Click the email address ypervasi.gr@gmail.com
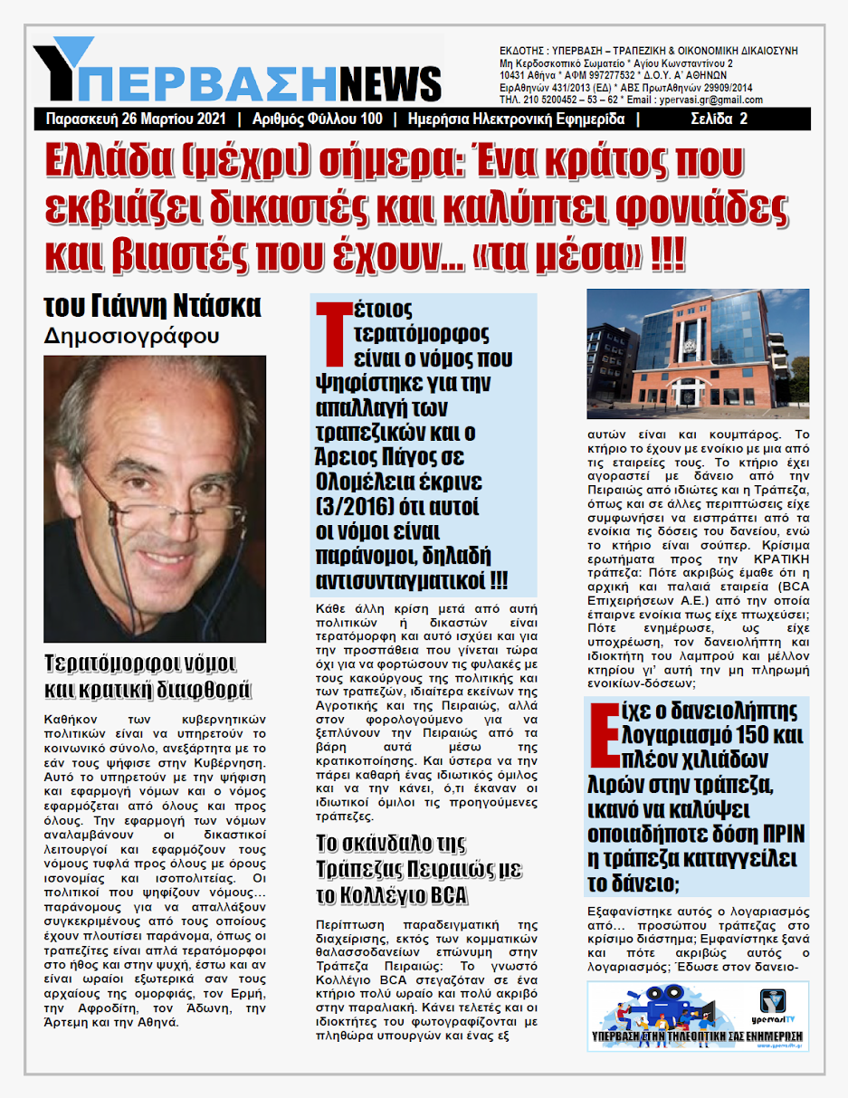click(x=713, y=100)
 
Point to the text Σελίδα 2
click(x=719, y=119)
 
